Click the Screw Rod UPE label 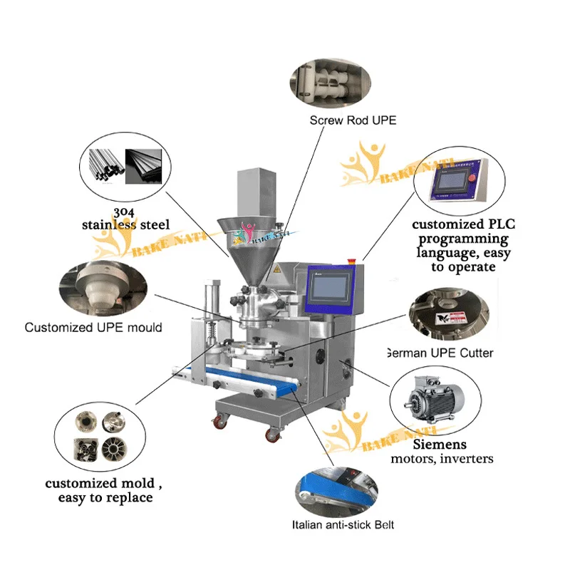click(353, 120)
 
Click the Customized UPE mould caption click(93, 328)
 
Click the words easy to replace click(105, 497)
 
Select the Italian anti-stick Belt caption click(343, 525)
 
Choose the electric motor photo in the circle click(432, 403)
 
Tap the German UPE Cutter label click(439, 353)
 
